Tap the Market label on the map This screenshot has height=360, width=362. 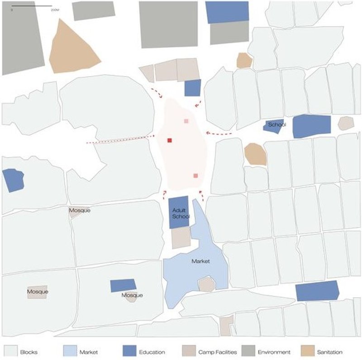200,261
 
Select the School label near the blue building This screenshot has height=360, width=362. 277,124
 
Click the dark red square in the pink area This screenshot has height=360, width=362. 170,140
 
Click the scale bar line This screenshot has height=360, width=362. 32,6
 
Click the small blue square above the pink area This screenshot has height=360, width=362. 193,88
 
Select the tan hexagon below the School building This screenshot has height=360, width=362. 255,154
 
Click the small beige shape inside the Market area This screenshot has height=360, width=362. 206,284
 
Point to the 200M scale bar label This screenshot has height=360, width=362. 55,9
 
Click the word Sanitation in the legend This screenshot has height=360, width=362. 329,352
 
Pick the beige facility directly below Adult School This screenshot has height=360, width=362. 181,237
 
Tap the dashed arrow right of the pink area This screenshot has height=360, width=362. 219,133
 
